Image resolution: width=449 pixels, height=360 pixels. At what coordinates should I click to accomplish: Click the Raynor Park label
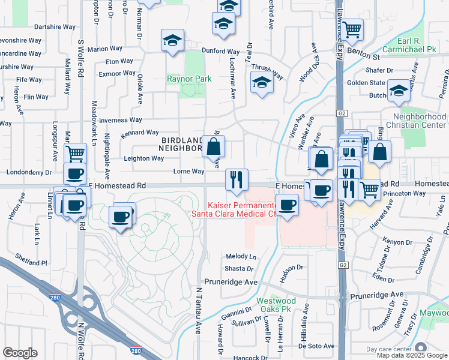tap(189, 79)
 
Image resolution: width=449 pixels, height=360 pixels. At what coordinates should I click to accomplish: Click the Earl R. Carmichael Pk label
tap(416, 46)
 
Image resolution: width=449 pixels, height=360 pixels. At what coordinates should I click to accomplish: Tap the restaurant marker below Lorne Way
tap(237, 179)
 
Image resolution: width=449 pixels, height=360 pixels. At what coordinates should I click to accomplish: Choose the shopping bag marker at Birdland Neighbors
tap(214, 146)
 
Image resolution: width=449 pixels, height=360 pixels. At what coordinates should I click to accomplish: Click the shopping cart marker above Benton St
tap(352, 28)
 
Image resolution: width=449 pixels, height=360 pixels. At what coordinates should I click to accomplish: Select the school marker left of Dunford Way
tap(172, 41)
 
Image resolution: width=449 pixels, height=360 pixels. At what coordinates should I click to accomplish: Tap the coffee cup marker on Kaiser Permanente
tap(288, 205)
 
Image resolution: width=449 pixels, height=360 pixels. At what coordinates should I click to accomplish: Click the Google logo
tap(20, 353)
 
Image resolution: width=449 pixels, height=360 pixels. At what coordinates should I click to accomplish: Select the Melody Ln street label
tap(240, 257)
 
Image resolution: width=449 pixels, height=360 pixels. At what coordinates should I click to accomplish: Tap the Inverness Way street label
tap(120, 120)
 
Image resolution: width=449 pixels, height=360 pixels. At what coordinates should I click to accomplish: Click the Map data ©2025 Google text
tap(412, 355)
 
